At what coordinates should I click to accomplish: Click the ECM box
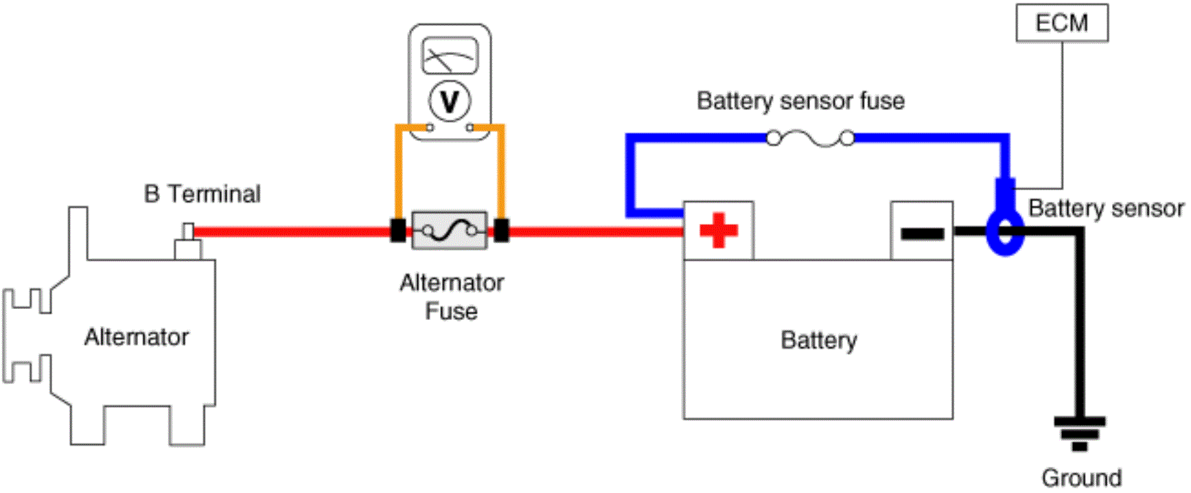(x=1062, y=23)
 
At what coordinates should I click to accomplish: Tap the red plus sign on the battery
(x=719, y=230)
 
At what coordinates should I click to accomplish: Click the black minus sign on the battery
(x=922, y=234)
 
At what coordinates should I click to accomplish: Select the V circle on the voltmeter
(x=450, y=102)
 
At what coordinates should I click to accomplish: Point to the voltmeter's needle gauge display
(x=450, y=56)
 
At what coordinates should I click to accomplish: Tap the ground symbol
(x=1080, y=433)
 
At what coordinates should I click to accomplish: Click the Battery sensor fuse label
(x=800, y=101)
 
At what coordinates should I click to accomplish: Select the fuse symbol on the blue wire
(x=811, y=139)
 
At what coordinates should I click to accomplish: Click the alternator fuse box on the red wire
(x=450, y=231)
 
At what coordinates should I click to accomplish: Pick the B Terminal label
(x=203, y=194)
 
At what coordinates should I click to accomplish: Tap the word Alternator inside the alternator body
(x=137, y=337)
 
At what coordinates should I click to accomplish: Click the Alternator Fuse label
(x=452, y=297)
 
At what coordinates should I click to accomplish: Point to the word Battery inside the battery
(x=819, y=341)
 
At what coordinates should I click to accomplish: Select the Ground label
(x=1082, y=478)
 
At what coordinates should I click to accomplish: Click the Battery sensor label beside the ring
(x=1106, y=208)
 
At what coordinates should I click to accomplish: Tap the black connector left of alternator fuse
(x=398, y=231)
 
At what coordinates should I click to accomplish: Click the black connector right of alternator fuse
(x=502, y=231)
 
